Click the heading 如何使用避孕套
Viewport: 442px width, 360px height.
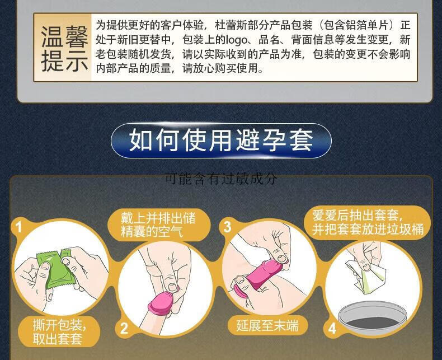(x=221, y=140)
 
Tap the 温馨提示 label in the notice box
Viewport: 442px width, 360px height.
(x=64, y=48)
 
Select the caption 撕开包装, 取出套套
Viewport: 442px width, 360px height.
(x=59, y=332)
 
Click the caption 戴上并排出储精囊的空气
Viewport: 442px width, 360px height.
(x=158, y=225)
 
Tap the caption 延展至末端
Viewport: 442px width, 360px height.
(x=267, y=325)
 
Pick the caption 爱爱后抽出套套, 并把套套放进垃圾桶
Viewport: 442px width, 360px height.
(x=368, y=223)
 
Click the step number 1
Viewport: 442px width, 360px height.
(x=18, y=227)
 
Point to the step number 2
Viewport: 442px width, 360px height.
(x=124, y=328)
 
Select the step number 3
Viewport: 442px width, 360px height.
(x=227, y=227)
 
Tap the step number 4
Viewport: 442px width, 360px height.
(x=332, y=329)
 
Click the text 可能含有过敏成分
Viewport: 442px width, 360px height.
(x=221, y=178)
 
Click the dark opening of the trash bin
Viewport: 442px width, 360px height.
(x=372, y=322)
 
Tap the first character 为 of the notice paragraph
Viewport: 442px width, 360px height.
(x=101, y=25)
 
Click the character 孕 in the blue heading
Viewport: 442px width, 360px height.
(x=275, y=140)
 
